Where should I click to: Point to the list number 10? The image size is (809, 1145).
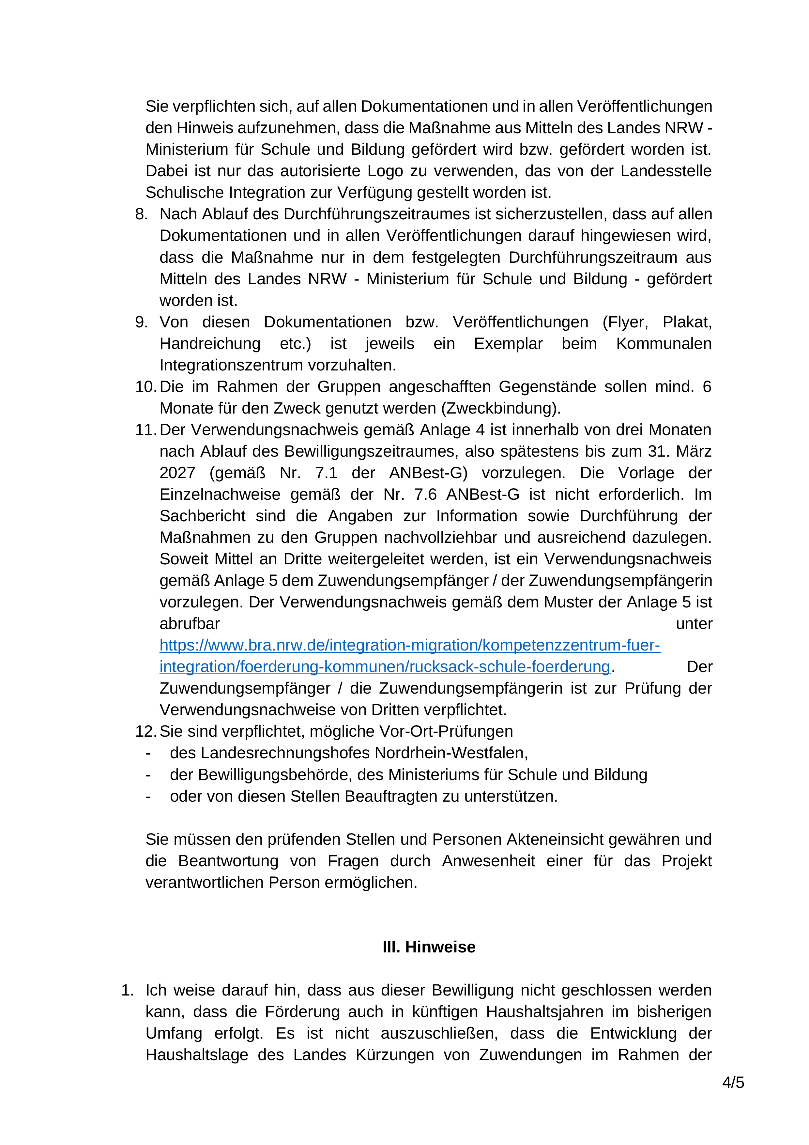(145, 387)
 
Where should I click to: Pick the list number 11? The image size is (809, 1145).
(145, 430)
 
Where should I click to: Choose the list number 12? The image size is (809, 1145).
(145, 731)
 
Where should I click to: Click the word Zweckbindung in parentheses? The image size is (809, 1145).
(500, 408)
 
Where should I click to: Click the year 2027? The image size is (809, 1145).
(177, 473)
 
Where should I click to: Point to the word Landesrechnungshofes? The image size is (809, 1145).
(271, 753)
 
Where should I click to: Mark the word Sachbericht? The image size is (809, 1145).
(202, 516)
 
